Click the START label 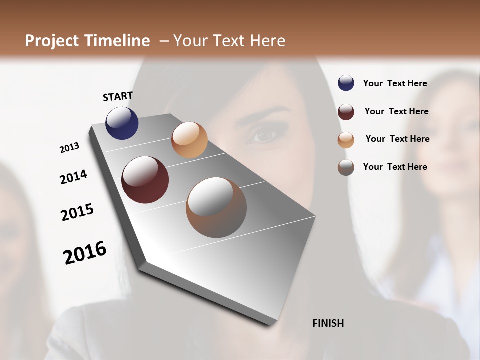[x=118, y=96]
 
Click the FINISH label [x=328, y=323]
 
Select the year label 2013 [x=69, y=148]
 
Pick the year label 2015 [x=77, y=212]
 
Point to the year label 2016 [x=85, y=252]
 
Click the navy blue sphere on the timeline [x=122, y=123]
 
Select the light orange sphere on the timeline [x=189, y=140]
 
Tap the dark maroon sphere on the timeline [x=145, y=180]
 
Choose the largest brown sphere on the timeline [x=216, y=207]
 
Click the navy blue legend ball [x=346, y=83]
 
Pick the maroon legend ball [x=346, y=112]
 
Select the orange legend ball [x=346, y=140]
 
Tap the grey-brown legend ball [x=346, y=167]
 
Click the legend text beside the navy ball [x=395, y=83]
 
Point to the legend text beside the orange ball [x=397, y=139]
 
